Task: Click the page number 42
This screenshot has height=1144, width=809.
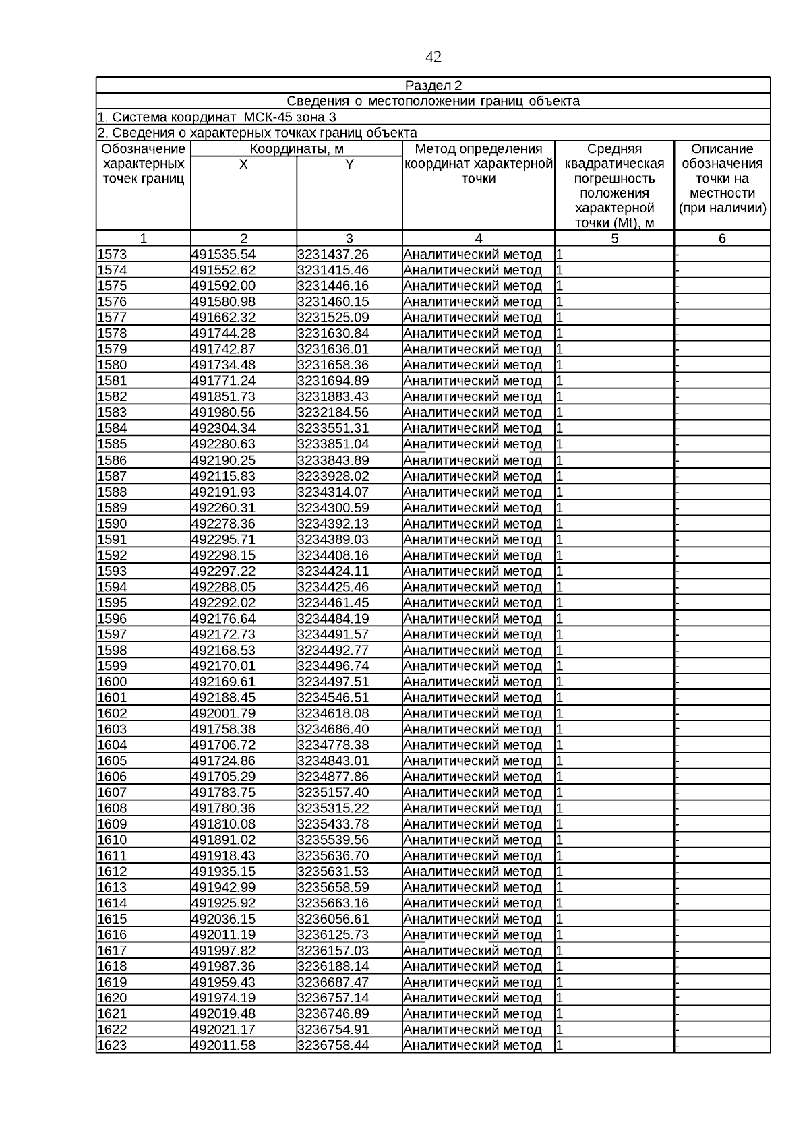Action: click(433, 57)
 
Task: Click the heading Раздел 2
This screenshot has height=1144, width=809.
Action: click(433, 86)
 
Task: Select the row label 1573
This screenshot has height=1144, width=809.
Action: click(113, 255)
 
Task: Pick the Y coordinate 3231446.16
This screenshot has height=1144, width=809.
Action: click(333, 286)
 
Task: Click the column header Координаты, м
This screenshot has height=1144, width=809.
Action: click(297, 149)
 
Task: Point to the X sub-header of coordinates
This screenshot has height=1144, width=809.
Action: click(243, 164)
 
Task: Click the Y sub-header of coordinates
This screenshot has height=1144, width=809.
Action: click(349, 164)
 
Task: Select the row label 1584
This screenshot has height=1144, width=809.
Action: click(113, 429)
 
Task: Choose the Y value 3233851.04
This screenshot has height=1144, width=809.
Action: click(333, 444)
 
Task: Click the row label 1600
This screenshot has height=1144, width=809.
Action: click(113, 682)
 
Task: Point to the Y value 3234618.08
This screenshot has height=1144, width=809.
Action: click(333, 713)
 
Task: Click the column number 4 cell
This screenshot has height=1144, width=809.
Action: click(479, 238)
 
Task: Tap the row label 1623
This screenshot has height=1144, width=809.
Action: click(113, 1046)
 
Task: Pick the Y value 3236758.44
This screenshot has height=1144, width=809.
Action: click(333, 1046)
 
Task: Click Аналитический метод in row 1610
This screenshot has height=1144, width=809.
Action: click(473, 840)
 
